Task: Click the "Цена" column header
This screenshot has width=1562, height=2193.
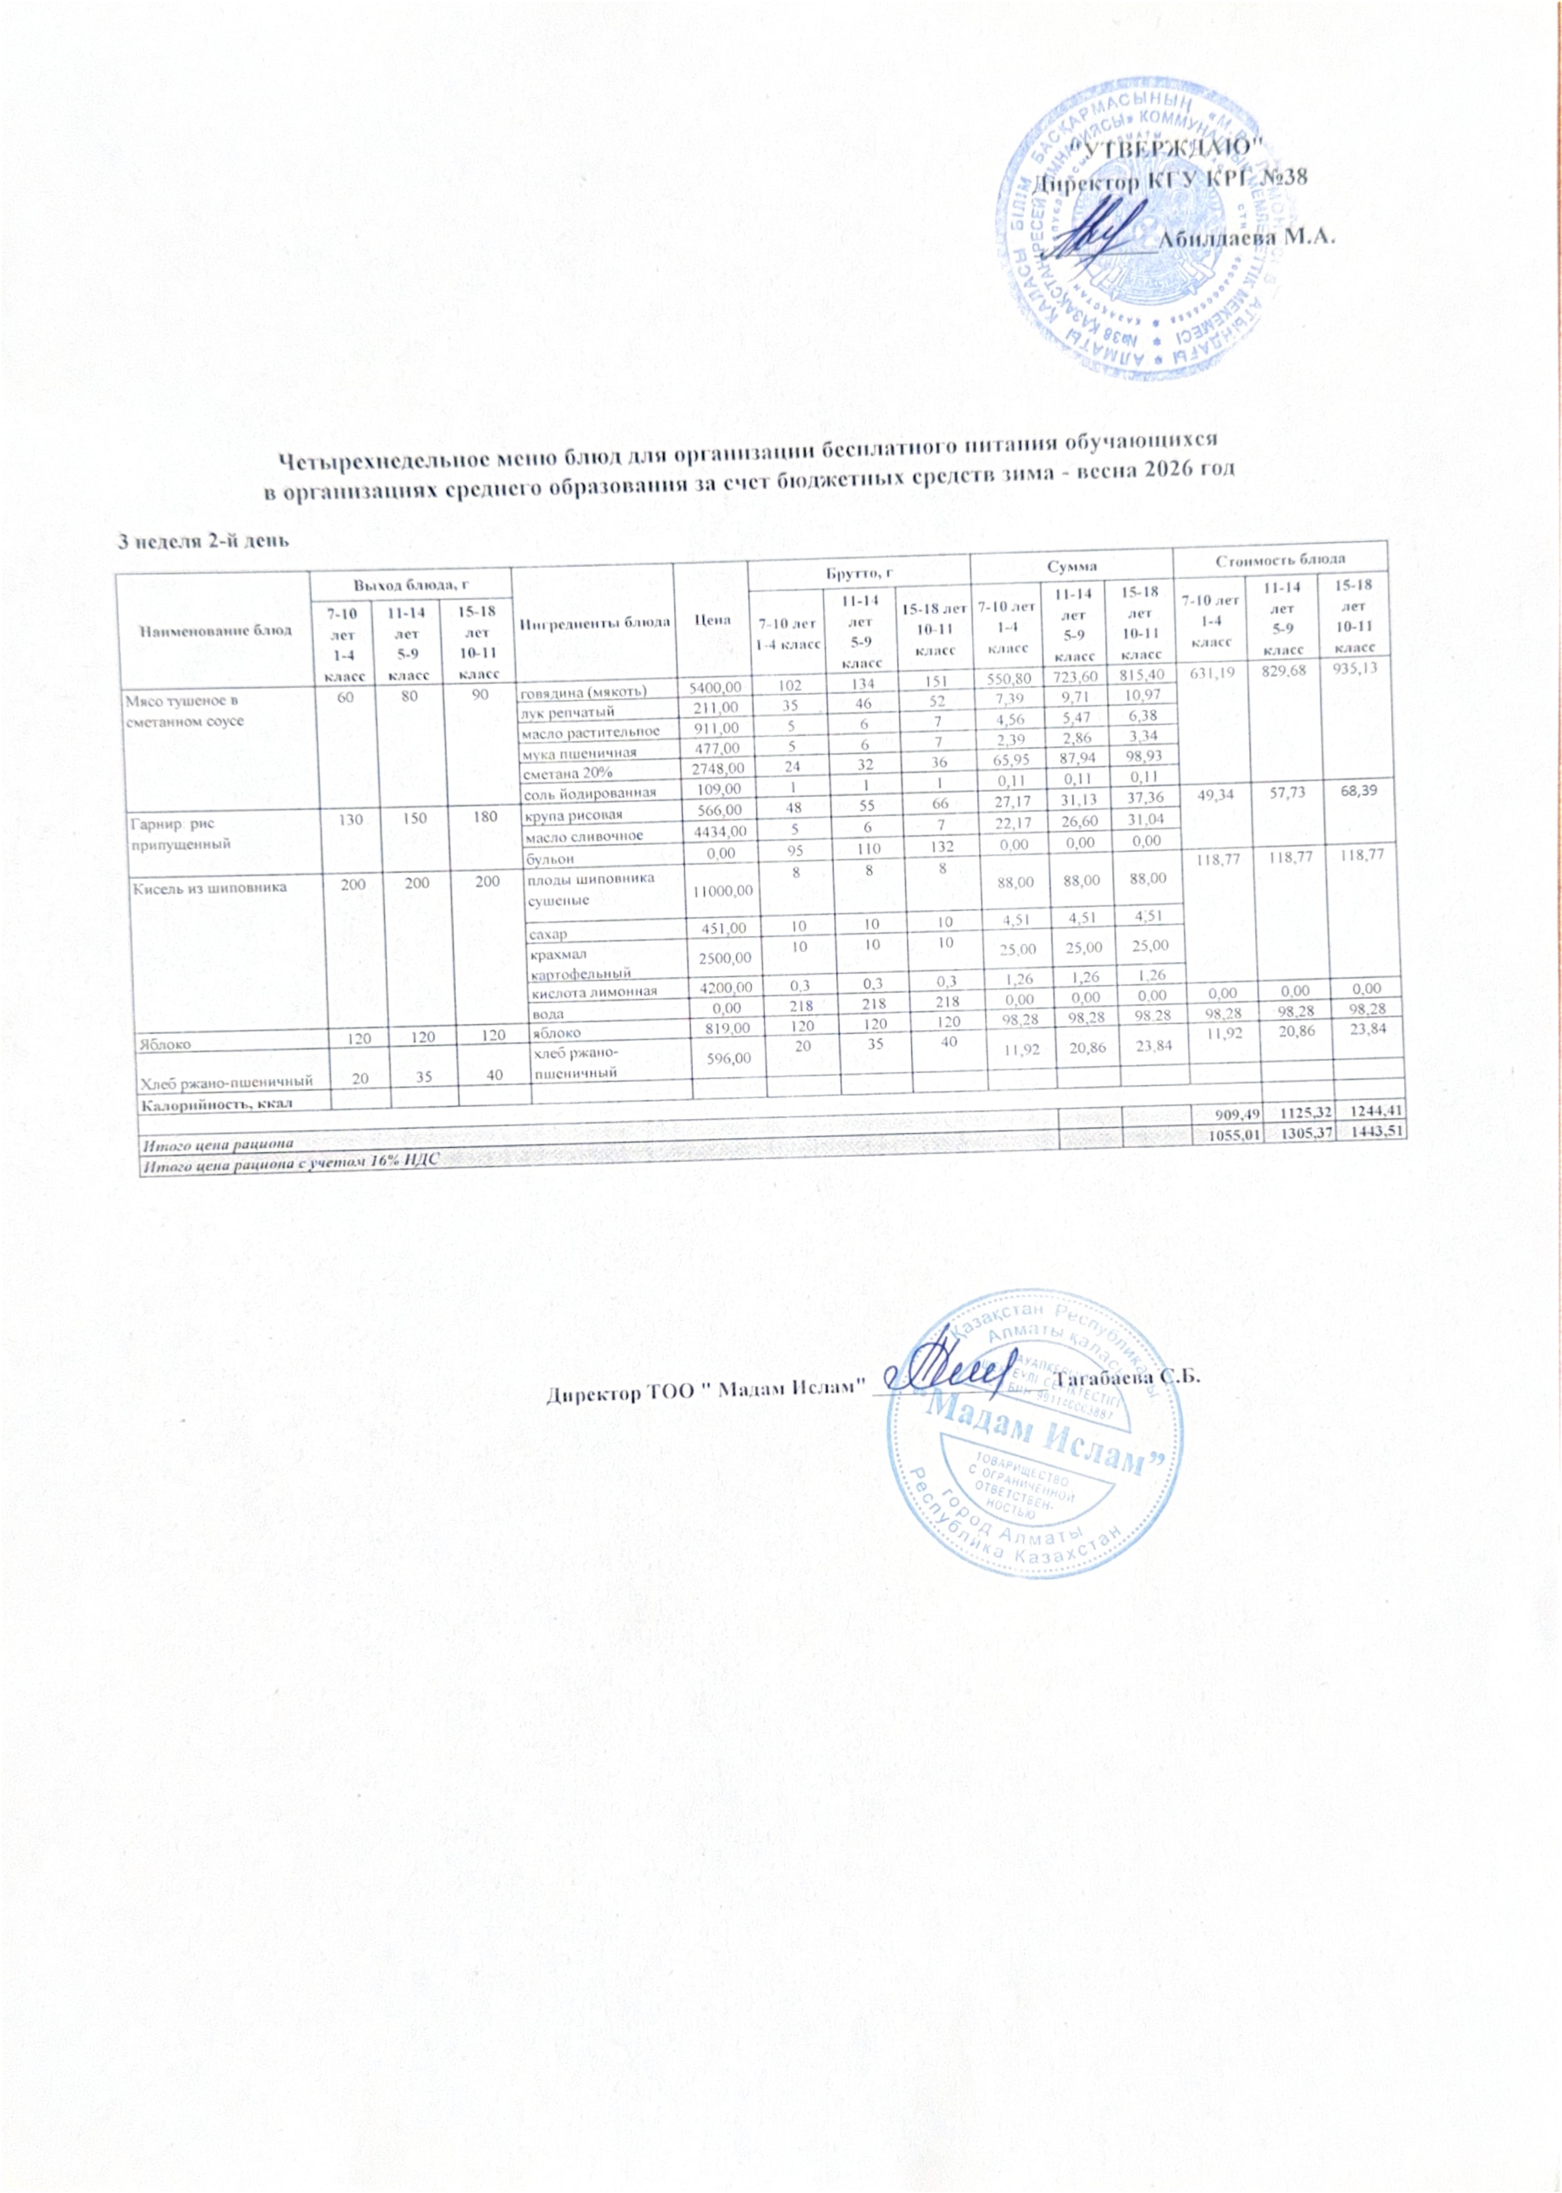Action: coord(712,620)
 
